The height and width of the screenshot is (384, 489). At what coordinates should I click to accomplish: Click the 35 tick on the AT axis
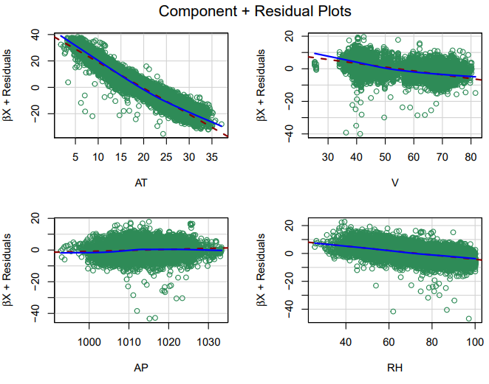[211, 157]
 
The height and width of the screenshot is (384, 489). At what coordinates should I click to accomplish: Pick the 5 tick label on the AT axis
[75, 157]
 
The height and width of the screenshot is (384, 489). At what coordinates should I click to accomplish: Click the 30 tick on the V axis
[327, 157]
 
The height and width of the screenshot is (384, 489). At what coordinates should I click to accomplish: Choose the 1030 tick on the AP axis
[208, 341]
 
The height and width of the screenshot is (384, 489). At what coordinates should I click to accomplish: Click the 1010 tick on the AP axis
[129, 341]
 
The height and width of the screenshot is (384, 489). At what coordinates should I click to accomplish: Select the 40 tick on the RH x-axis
[345, 341]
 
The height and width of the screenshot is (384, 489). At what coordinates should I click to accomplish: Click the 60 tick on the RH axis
[389, 341]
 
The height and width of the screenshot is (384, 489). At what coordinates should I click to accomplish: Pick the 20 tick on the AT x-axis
[143, 157]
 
